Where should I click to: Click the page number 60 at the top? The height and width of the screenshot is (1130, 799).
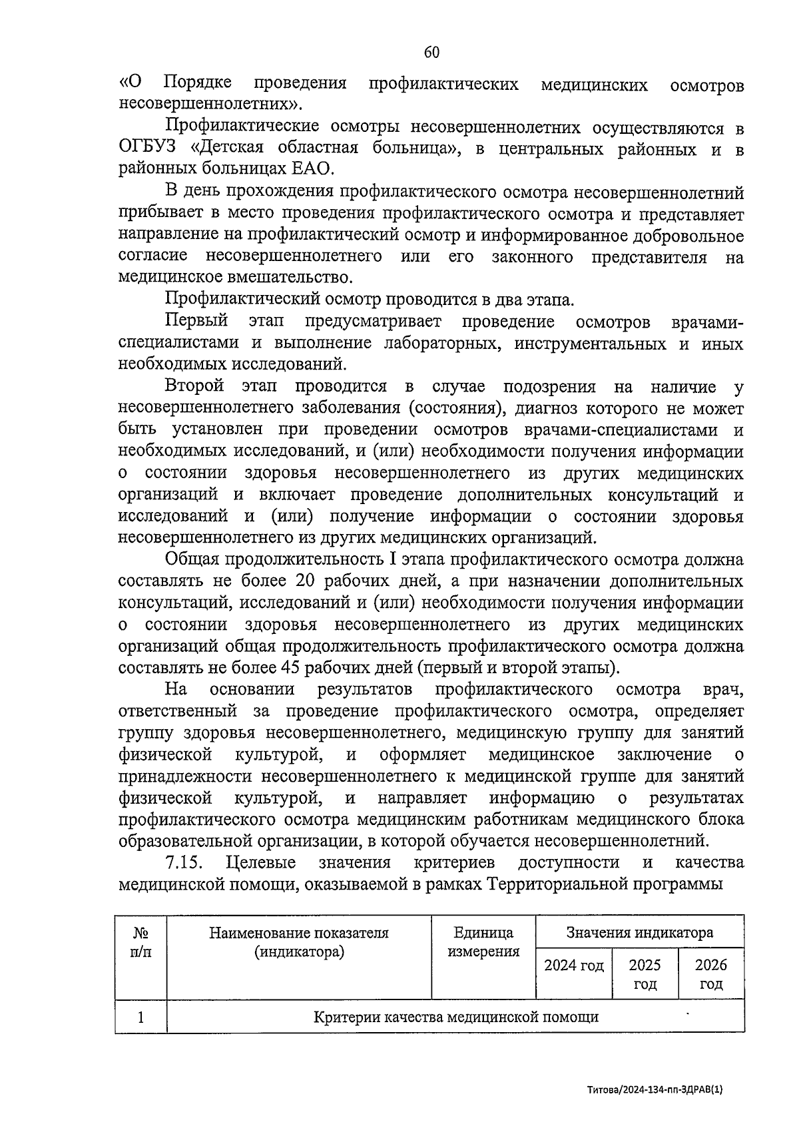(431, 53)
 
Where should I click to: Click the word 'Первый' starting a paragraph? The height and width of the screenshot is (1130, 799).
(196, 322)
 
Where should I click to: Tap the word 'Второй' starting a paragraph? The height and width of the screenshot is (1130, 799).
(194, 386)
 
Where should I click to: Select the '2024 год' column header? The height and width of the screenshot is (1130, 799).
(573, 966)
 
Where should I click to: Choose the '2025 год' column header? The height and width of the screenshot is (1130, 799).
(645, 974)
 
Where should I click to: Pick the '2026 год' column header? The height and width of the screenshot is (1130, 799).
(710, 974)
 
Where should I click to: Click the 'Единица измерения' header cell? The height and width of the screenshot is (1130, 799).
(483, 942)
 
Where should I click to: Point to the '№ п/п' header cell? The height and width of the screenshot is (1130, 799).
(140, 942)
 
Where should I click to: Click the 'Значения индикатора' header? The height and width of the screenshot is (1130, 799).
(639, 932)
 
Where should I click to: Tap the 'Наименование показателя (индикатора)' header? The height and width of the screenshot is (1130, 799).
(299, 942)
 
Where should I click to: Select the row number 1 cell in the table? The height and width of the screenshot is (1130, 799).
(140, 1017)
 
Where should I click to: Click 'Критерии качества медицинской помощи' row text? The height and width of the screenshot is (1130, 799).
(455, 1017)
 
